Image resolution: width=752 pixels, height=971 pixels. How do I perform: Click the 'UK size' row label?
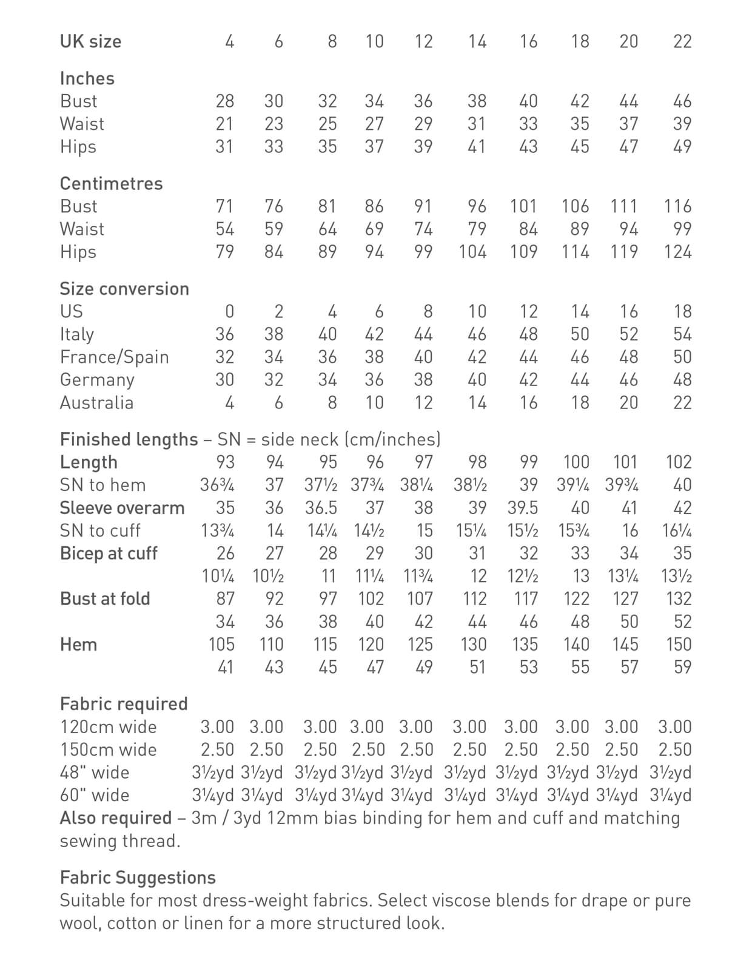(x=90, y=41)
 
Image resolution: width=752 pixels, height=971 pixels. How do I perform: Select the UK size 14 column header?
(x=477, y=41)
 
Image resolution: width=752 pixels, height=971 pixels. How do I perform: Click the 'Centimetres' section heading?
(x=111, y=183)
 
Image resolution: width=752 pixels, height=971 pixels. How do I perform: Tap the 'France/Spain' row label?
(x=114, y=357)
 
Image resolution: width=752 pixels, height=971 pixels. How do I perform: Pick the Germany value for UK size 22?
(x=682, y=380)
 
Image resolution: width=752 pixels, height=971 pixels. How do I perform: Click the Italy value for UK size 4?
(x=224, y=334)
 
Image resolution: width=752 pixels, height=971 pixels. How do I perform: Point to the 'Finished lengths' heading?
(x=129, y=439)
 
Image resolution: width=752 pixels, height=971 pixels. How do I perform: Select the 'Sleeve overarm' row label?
(x=122, y=508)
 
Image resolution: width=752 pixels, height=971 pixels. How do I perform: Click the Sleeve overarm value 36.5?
(x=321, y=508)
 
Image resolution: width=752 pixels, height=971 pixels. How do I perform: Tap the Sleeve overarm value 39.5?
(x=523, y=508)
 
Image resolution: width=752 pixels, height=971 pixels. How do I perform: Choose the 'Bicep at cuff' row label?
(x=109, y=553)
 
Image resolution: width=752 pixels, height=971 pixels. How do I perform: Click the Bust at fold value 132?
(x=678, y=599)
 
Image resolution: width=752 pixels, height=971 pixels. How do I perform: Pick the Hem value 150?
(x=678, y=645)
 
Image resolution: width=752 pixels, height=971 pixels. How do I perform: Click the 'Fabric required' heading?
(x=124, y=704)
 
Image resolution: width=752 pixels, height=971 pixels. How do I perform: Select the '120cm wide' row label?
(x=108, y=727)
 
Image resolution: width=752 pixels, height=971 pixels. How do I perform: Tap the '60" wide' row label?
(x=95, y=795)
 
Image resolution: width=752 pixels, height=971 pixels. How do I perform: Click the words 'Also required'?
(x=116, y=818)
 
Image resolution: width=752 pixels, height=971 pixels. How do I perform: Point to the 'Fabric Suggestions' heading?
(x=138, y=878)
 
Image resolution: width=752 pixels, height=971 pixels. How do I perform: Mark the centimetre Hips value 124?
(x=677, y=252)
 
